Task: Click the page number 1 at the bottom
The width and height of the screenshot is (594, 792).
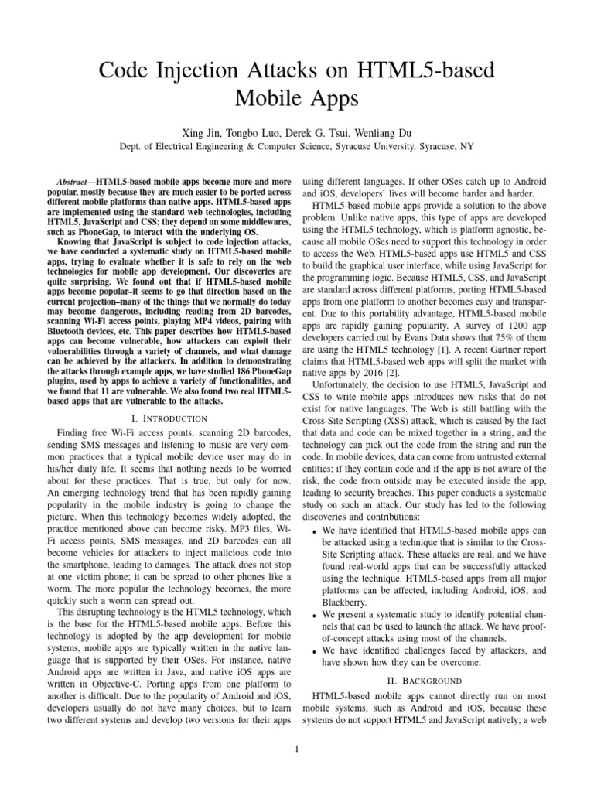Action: [x=297, y=748]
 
